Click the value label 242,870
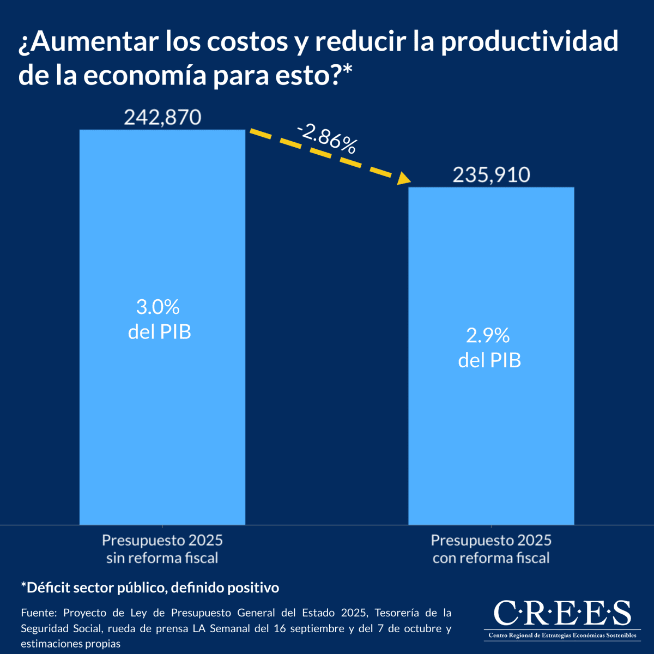point(162,117)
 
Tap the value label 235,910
point(491,175)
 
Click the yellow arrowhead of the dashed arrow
point(404,178)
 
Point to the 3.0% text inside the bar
point(158,307)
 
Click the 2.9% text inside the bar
point(488,336)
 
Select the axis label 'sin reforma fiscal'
point(162,558)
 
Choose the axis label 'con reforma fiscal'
point(491,558)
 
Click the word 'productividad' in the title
point(529,42)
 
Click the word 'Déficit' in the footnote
point(49,588)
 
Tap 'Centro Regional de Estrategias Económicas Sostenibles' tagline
point(562,635)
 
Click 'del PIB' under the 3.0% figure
point(160,332)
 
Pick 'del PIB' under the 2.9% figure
point(489,360)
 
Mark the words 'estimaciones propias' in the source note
point(71,644)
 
